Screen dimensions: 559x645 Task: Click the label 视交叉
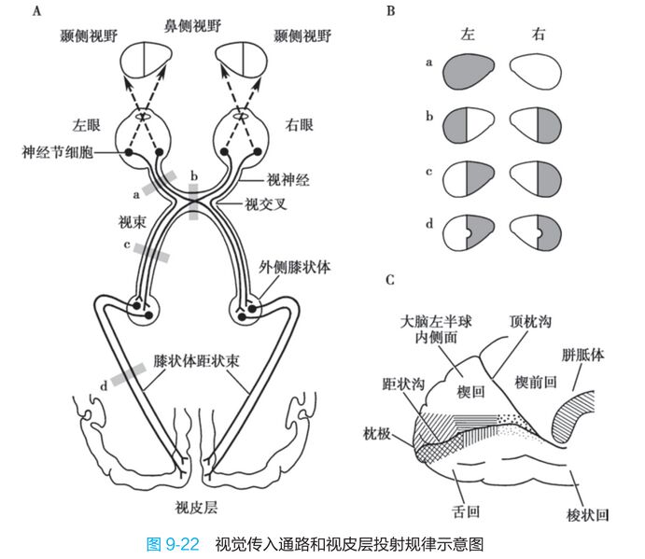[264, 202]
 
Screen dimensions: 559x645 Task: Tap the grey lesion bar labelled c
[151, 249]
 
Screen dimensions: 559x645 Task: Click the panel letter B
[389, 11]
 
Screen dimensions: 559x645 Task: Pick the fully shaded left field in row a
[469, 70]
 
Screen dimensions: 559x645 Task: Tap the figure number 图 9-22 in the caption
[174, 544]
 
